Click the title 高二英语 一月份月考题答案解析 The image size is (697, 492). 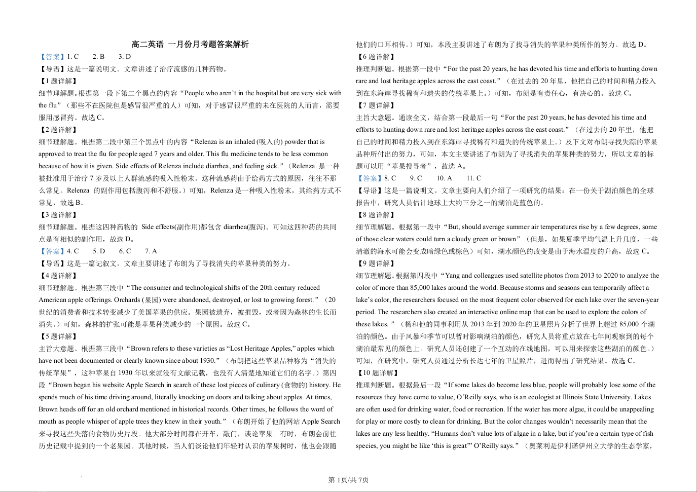click(x=190, y=45)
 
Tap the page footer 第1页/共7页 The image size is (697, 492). click(x=348, y=480)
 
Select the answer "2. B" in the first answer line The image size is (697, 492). click(x=98, y=57)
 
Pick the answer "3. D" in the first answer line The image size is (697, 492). click(x=125, y=57)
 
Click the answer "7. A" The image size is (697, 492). click(x=151, y=251)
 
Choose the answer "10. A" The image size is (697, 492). click(x=444, y=178)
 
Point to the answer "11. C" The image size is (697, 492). click(x=474, y=178)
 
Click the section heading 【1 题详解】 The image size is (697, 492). click(x=58, y=81)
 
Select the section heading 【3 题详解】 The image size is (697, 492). click(x=58, y=215)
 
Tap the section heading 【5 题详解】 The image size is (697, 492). click(x=58, y=336)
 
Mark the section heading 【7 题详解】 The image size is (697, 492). click(x=375, y=105)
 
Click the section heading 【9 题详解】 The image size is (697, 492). click(x=375, y=263)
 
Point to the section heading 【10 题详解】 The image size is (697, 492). click(x=377, y=373)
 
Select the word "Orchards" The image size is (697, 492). click(x=128, y=300)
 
